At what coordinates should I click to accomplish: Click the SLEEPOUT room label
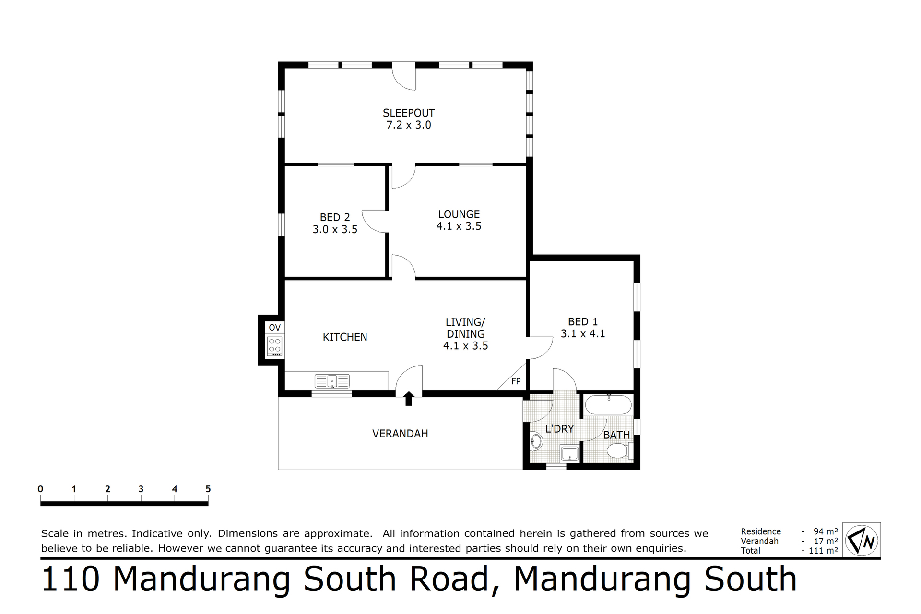click(x=409, y=113)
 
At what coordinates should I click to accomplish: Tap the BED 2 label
click(x=335, y=217)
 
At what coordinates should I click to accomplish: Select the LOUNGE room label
click(x=459, y=214)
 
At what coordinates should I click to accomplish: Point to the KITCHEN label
click(x=345, y=337)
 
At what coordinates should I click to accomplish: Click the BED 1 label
click(x=583, y=322)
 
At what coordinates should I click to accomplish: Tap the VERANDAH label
click(x=400, y=434)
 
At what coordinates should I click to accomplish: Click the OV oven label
click(x=274, y=328)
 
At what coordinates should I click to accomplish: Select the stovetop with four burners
click(x=275, y=346)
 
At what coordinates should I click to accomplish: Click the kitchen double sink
click(x=332, y=381)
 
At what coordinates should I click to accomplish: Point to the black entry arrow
click(x=409, y=399)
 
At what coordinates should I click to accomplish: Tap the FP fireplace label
click(x=516, y=381)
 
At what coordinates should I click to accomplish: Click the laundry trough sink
click(x=569, y=453)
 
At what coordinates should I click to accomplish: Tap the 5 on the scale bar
click(x=208, y=489)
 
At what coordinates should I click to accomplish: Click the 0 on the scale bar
click(x=40, y=489)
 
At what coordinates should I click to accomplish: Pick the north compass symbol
click(x=862, y=540)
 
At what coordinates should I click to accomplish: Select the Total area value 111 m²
click(x=823, y=551)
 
